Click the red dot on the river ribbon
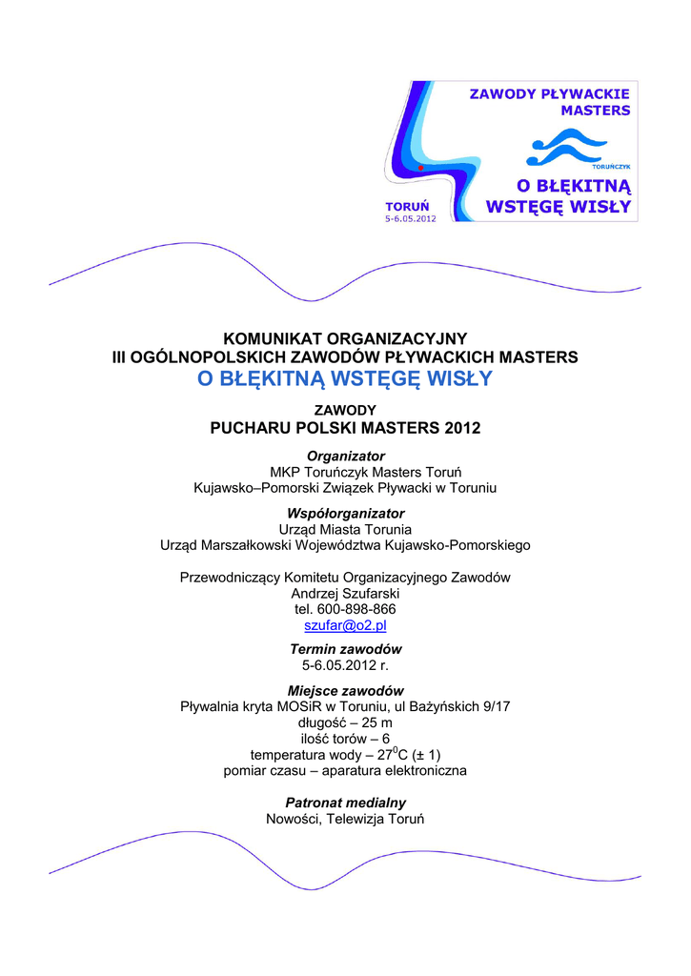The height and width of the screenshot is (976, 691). pyautogui.click(x=419, y=168)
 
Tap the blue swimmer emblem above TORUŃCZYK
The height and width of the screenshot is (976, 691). pyautogui.click(x=566, y=148)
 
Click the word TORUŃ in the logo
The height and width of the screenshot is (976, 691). pyautogui.click(x=407, y=206)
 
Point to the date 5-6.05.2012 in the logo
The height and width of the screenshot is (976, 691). pyautogui.click(x=411, y=217)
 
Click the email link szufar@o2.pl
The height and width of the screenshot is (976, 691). pyautogui.click(x=345, y=625)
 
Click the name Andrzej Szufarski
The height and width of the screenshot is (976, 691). pyautogui.click(x=345, y=593)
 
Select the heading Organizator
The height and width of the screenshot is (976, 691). pyautogui.click(x=345, y=456)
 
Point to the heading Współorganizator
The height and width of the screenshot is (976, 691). pyautogui.click(x=345, y=513)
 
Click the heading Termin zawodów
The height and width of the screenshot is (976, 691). pyautogui.click(x=345, y=648)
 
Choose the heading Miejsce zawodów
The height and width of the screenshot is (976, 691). pyautogui.click(x=345, y=690)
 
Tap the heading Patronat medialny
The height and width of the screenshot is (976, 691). pyautogui.click(x=345, y=803)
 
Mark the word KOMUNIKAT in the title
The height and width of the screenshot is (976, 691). pyautogui.click(x=274, y=338)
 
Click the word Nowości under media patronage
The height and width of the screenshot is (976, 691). pyautogui.click(x=295, y=819)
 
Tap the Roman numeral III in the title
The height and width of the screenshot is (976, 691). pyautogui.click(x=121, y=356)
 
